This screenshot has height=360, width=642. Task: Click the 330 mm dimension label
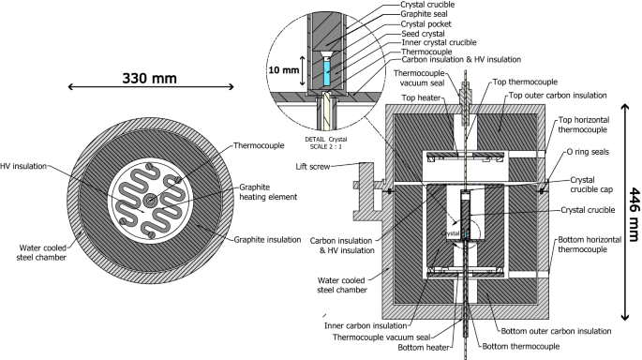(149, 78)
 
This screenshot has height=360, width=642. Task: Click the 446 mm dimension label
(634, 215)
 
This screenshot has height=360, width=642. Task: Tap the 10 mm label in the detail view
(284, 70)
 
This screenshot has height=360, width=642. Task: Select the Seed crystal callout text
(423, 34)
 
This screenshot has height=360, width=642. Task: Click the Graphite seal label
(424, 14)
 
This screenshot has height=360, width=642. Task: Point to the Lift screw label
(313, 167)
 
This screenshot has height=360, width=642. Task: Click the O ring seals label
(588, 152)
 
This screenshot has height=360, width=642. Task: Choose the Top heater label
(421, 97)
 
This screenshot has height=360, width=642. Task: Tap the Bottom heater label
(424, 348)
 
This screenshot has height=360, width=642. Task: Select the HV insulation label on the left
(23, 166)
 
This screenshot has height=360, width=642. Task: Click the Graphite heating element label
(268, 192)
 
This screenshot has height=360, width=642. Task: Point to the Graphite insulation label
(267, 240)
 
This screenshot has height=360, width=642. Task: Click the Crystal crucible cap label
(591, 185)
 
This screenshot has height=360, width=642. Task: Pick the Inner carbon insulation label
(366, 326)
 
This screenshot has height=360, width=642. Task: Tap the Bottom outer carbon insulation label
(556, 331)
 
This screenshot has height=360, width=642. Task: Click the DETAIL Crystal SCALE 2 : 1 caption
(326, 142)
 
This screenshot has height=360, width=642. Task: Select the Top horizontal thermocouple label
(584, 125)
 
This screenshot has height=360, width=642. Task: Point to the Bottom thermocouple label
(521, 347)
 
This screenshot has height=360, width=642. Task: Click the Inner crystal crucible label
(439, 42)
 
